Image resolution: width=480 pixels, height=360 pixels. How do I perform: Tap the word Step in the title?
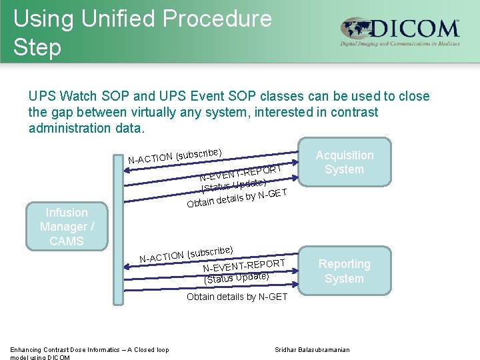coord(37,47)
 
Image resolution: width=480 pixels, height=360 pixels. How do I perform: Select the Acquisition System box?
coord(344,162)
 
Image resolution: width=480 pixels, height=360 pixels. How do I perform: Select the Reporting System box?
coord(344,271)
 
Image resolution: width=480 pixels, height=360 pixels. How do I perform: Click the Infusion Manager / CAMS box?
coord(67,227)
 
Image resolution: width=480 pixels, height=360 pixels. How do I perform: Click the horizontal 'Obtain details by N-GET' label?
coord(237,297)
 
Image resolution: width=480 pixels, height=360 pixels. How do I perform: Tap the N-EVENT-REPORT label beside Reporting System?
coord(244,266)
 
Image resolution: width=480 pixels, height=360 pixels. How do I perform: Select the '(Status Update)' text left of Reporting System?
coord(237,277)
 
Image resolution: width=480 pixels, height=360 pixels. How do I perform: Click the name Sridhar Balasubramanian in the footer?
coord(312,350)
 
